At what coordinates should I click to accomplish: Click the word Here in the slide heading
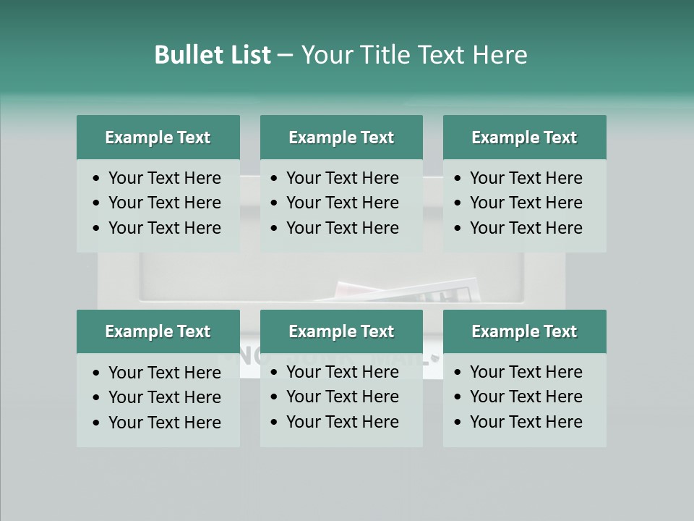tap(500, 55)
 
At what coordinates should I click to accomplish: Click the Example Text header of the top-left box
tap(158, 137)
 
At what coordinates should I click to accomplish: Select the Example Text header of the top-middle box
tap(341, 137)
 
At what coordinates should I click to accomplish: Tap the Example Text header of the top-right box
tap(524, 137)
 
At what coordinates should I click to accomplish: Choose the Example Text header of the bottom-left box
tap(158, 331)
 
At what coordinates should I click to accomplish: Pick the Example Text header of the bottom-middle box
tap(341, 331)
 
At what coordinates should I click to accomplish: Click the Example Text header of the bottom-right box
tap(524, 331)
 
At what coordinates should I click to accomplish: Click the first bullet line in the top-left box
tap(164, 178)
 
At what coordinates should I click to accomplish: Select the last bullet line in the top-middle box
tap(342, 228)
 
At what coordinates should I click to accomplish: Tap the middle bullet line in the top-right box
tap(526, 203)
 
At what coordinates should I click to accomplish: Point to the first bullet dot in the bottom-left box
tap(97, 373)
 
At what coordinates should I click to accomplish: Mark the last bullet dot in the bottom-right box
tap(458, 423)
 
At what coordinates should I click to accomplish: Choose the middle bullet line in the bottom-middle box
tap(342, 397)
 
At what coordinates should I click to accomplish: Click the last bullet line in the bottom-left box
tap(164, 423)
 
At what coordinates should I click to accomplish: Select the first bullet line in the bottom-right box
tap(526, 372)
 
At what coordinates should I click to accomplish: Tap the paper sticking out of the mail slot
tap(405, 292)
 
